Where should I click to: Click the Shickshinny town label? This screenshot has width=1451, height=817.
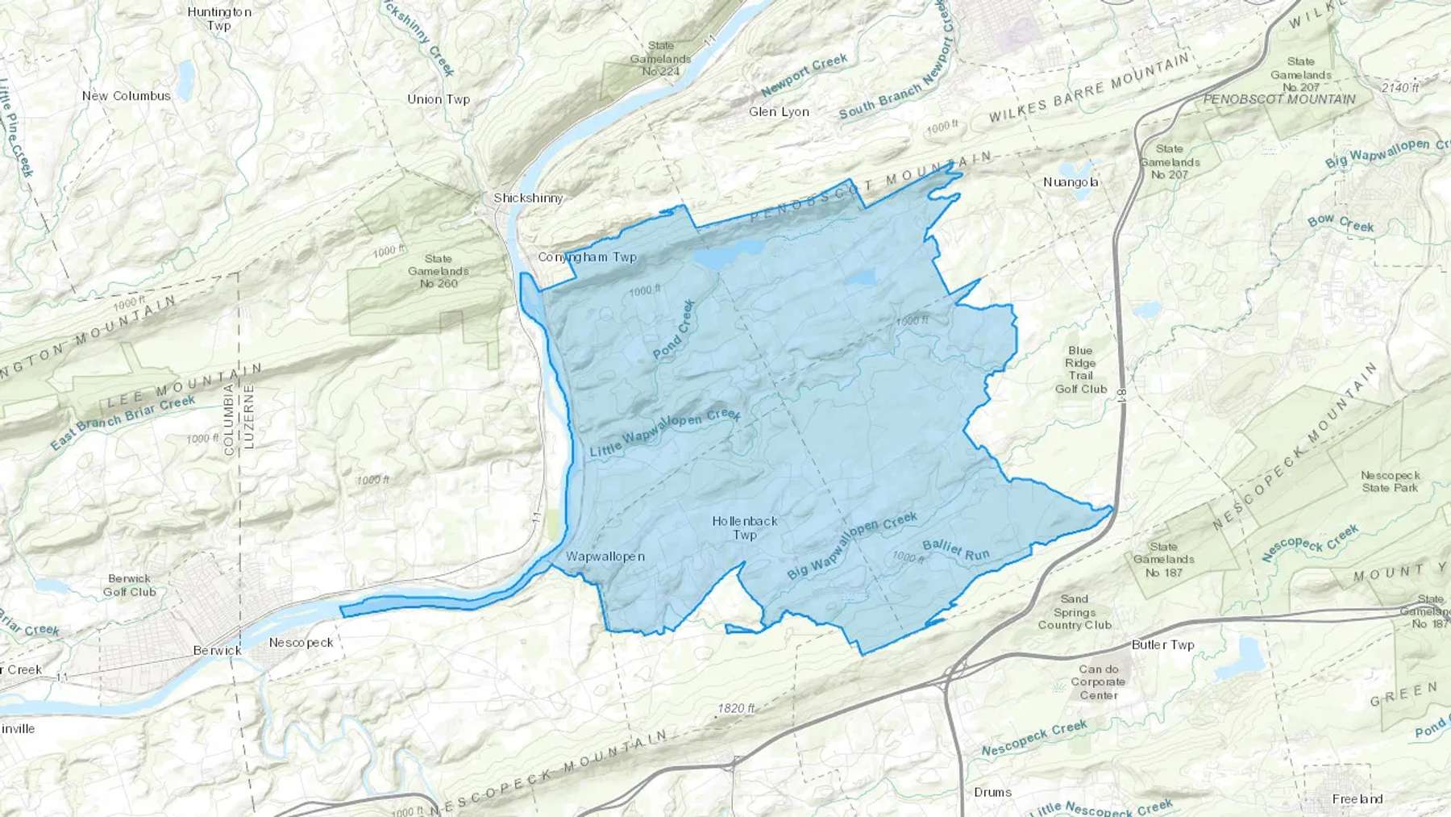click(528, 198)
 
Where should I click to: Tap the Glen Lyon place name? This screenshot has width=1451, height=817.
click(779, 111)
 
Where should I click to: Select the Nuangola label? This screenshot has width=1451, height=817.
click(1071, 182)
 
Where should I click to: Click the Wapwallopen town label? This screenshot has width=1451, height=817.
click(605, 556)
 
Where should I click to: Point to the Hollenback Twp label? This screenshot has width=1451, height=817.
click(745, 527)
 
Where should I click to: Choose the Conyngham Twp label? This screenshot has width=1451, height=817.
click(587, 257)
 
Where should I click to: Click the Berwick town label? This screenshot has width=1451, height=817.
click(217, 650)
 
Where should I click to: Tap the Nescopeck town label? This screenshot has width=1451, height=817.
click(301, 643)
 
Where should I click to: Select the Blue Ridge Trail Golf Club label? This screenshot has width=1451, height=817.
click(1080, 369)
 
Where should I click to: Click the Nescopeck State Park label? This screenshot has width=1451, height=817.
click(1390, 481)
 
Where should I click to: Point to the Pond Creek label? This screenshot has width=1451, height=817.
click(675, 329)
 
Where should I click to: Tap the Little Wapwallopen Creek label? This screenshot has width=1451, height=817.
click(665, 434)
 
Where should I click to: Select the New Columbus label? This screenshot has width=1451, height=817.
click(127, 95)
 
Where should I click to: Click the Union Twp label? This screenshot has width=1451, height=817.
click(439, 99)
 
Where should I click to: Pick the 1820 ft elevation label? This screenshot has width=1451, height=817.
click(736, 708)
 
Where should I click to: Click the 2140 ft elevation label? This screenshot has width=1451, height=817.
click(1399, 87)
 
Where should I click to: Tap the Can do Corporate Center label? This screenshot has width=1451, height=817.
click(1099, 682)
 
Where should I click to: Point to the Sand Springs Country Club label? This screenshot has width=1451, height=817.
click(1075, 611)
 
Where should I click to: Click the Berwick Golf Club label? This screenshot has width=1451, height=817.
click(129, 585)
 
